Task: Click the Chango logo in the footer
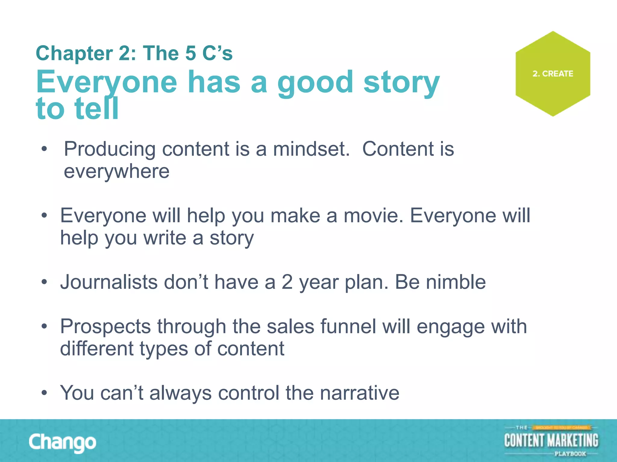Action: coord(62,442)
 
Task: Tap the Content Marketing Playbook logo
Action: coord(551,441)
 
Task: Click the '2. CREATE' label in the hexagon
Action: coord(553,74)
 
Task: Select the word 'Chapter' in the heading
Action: coord(74,54)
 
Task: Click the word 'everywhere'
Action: coord(117,171)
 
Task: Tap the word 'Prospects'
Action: coord(105,327)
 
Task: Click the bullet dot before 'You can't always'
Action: coord(45,393)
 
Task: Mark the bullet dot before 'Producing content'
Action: coord(45,149)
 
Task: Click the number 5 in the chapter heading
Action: coord(190,54)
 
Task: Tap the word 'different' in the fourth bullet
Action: coord(97,349)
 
